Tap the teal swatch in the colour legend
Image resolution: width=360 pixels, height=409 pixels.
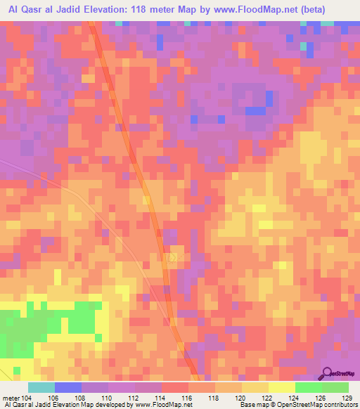tap(41, 387)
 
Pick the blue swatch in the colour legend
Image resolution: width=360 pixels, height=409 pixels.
tap(68, 387)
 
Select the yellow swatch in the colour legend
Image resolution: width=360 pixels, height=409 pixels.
tap(281, 387)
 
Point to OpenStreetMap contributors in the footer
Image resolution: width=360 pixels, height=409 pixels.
tap(319, 405)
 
